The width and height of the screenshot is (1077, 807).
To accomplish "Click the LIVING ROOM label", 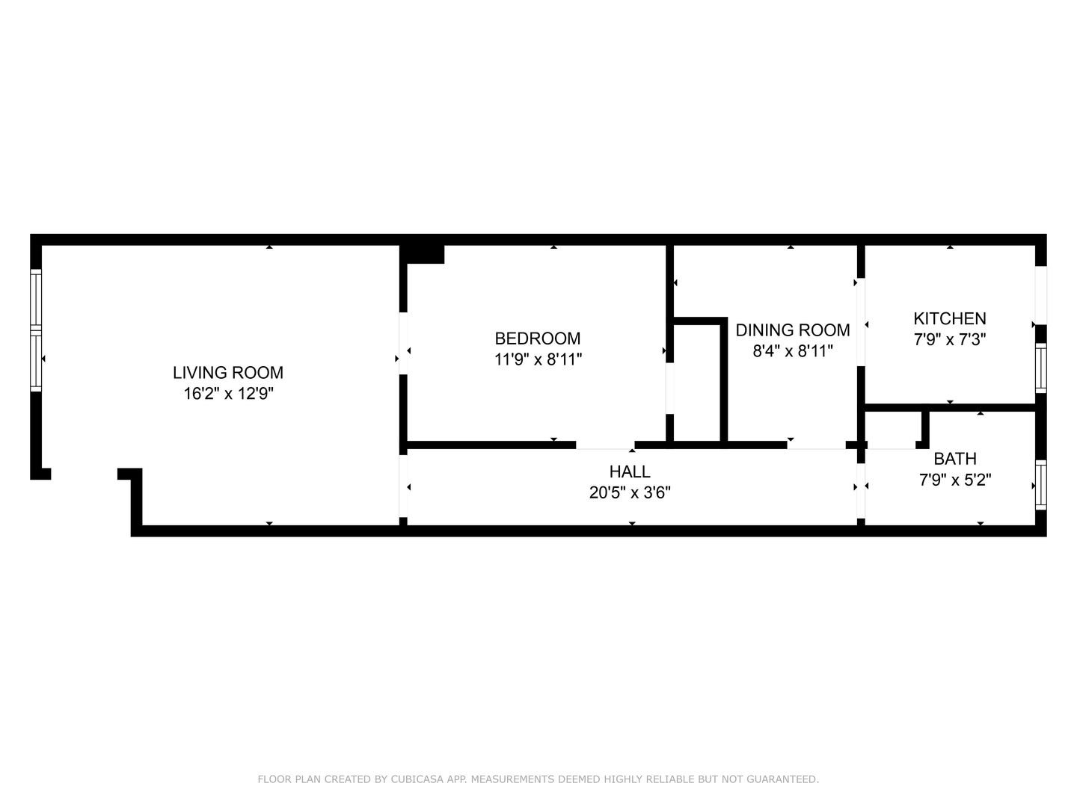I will click(x=228, y=372).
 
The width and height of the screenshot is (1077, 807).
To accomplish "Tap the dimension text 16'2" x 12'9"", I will click(x=228, y=394).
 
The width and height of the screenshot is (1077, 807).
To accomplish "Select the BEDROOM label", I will click(x=538, y=338).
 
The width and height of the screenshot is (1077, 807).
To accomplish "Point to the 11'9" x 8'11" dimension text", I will click(x=538, y=359).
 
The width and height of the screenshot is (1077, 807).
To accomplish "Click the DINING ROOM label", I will click(x=793, y=330).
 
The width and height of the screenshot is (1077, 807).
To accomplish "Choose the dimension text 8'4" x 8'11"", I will click(x=793, y=351).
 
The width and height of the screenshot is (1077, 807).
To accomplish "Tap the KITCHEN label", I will click(x=950, y=318).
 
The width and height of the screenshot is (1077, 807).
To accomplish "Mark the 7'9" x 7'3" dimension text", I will click(x=950, y=339).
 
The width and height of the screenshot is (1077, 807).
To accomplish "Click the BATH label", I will click(x=955, y=459).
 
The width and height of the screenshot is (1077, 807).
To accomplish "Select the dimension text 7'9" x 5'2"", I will click(x=955, y=480).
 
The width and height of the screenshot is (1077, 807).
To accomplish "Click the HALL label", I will click(x=630, y=471).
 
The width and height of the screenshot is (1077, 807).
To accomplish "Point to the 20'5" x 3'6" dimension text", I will click(x=630, y=493).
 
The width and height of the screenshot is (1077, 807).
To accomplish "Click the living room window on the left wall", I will click(x=36, y=329).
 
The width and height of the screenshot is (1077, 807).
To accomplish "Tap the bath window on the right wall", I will click(x=1040, y=486).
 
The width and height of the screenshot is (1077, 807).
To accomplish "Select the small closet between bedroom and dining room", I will click(x=697, y=383).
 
